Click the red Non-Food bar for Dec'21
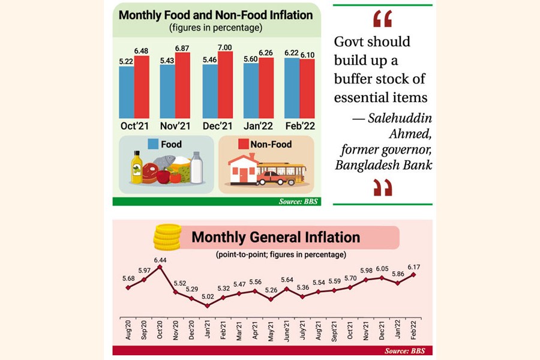pyautogui.click(x=225, y=85)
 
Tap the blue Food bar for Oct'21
pyautogui.click(x=127, y=92)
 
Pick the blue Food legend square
pyautogui.click(x=153, y=144)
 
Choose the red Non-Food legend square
pyautogui.click(x=244, y=144)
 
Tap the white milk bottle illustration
pyautogui.click(x=196, y=167)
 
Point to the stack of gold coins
pyautogui.click(x=167, y=237)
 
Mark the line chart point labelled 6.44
pyautogui.click(x=160, y=267)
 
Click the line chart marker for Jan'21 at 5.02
pyautogui.click(x=207, y=305)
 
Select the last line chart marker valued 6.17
pyautogui.click(x=414, y=274)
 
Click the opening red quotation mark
pyautogui.click(x=382, y=19)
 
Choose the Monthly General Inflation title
pyautogui.click(x=275, y=237)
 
